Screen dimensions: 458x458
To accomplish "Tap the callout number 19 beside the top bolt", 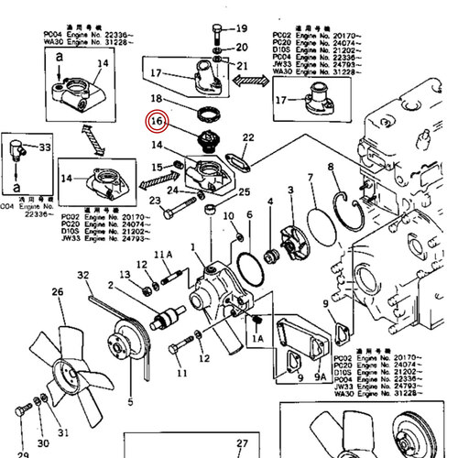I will point(242,28).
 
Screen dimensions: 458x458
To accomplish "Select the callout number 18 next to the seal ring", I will point(157,98).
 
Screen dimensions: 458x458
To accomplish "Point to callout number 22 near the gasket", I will point(248,137).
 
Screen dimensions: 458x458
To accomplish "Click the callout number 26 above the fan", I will point(57,293).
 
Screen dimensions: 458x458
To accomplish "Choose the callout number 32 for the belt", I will point(83,276).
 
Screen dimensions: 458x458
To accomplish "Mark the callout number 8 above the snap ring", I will point(311,177).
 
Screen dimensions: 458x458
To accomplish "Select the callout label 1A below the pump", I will point(256,337).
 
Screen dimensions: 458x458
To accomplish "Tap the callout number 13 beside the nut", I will point(125,276).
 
